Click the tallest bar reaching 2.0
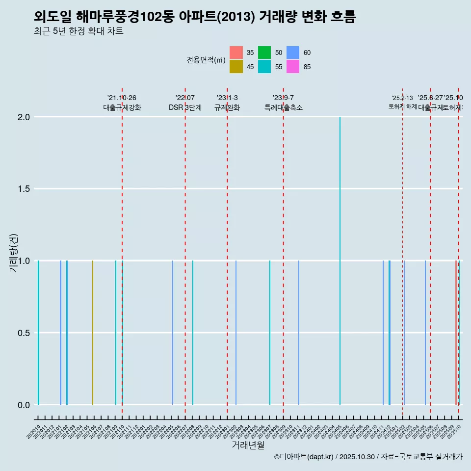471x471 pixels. pyautogui.click(x=340, y=260)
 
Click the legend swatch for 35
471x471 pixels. pyautogui.click(x=236, y=52)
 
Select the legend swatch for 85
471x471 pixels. pyautogui.click(x=293, y=67)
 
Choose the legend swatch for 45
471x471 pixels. pyautogui.click(x=236, y=67)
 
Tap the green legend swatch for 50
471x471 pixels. pyautogui.click(x=264, y=52)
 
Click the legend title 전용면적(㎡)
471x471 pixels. pyautogui.click(x=206, y=60)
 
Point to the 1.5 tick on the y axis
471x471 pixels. pyautogui.click(x=24, y=189)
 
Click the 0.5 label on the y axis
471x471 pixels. pyautogui.click(x=24, y=333)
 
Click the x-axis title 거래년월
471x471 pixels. pyautogui.click(x=248, y=445)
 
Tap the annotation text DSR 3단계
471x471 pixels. pyautogui.click(x=185, y=108)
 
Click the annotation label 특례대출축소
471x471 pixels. pyautogui.click(x=283, y=108)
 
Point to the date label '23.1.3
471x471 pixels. pyautogui.click(x=227, y=98)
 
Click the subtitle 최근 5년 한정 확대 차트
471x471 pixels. pyautogui.click(x=78, y=31)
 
